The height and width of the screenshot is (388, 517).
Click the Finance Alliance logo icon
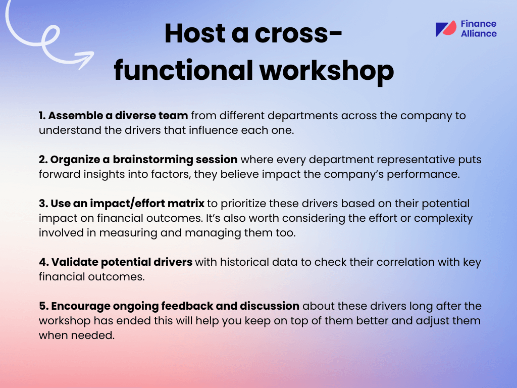click(x=446, y=29)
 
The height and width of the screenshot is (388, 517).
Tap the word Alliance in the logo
click(x=479, y=34)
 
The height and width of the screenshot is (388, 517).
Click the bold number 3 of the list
click(x=42, y=204)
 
